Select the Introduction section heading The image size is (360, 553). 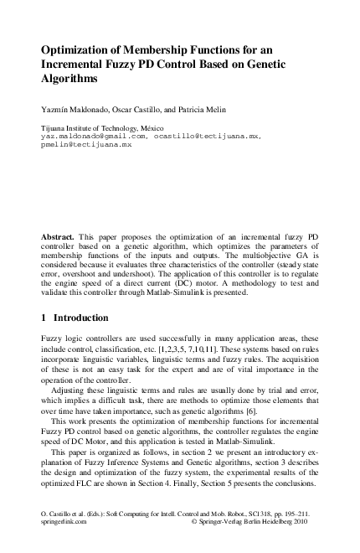81,318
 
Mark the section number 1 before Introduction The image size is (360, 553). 44,318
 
